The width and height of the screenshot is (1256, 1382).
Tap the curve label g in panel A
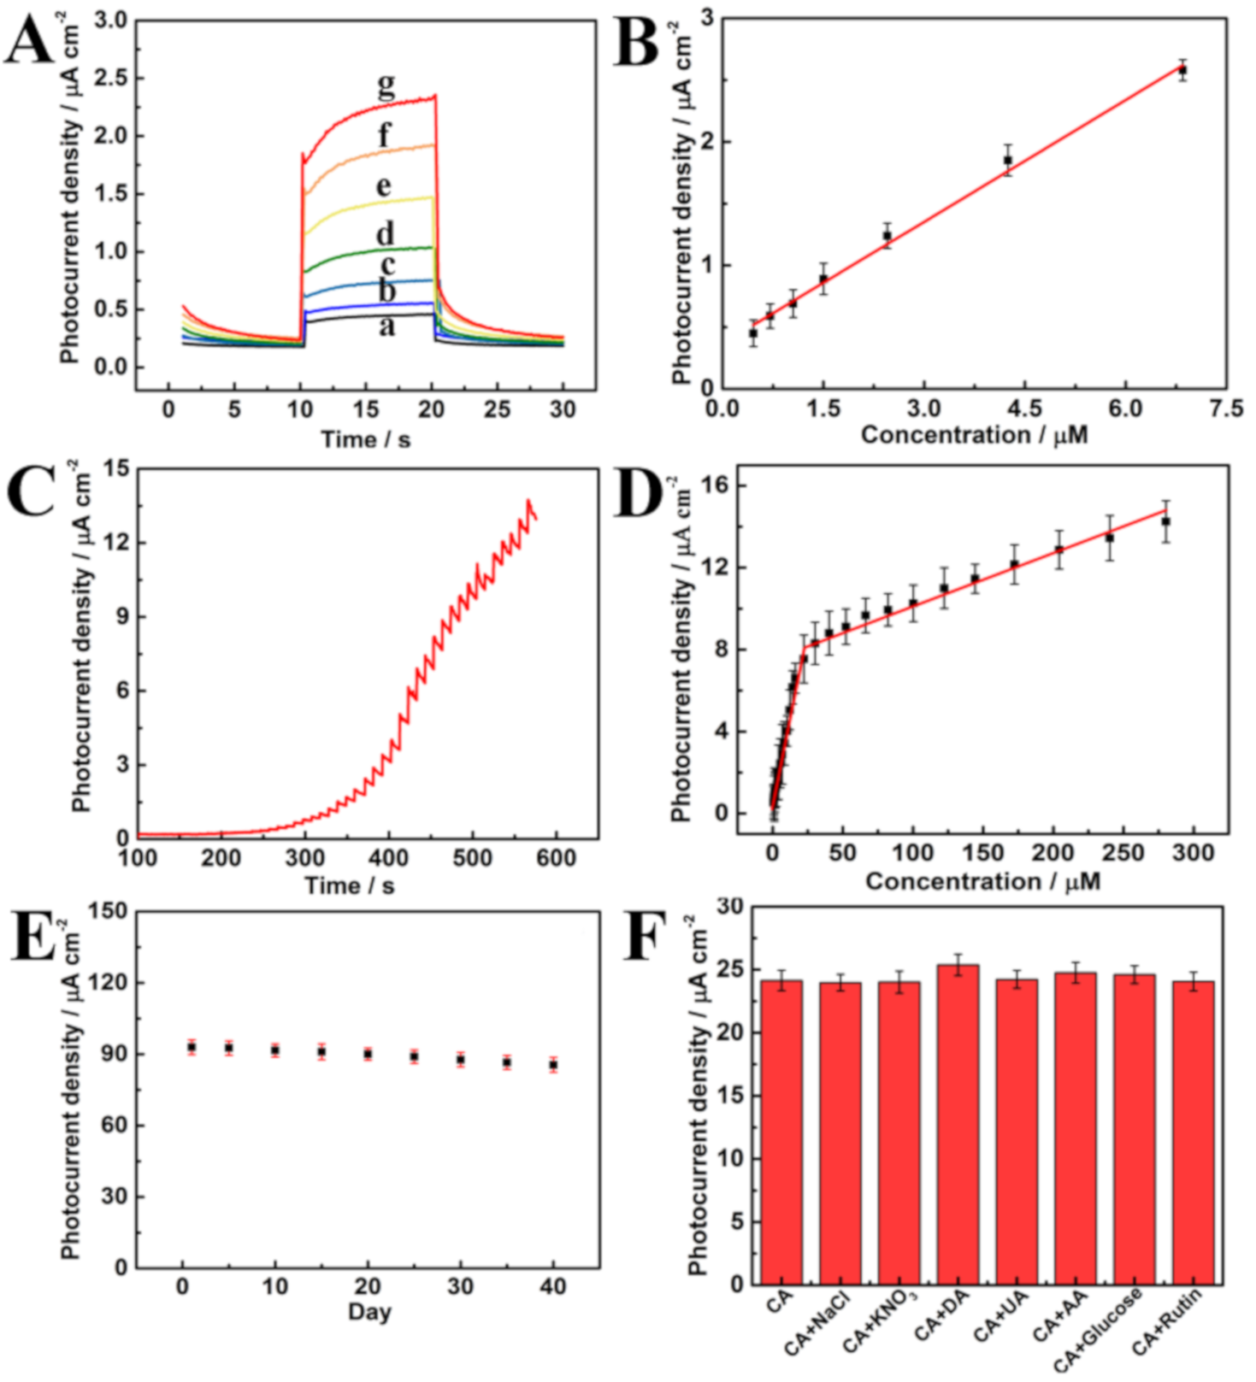pyautogui.click(x=386, y=85)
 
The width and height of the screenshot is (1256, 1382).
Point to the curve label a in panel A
pyautogui.click(x=387, y=326)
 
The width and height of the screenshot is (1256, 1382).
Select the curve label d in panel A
pyautogui.click(x=386, y=232)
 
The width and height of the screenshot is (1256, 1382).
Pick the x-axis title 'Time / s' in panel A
pyautogui.click(x=365, y=439)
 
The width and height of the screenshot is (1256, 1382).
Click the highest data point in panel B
pyautogui.click(x=1182, y=71)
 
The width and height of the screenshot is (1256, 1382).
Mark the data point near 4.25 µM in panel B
pyautogui.click(x=1008, y=160)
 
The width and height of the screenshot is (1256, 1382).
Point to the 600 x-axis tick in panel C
pyautogui.click(x=556, y=857)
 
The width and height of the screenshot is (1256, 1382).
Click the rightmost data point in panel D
pyautogui.click(x=1165, y=521)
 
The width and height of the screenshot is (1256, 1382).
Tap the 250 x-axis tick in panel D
pyautogui.click(x=1122, y=852)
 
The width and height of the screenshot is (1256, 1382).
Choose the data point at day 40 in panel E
pyautogui.click(x=553, y=1065)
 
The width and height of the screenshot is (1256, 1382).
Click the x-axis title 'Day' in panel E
pyautogui.click(x=369, y=1311)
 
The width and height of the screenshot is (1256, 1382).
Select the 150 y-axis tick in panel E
pyautogui.click(x=107, y=911)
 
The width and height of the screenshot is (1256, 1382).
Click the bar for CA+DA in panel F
pyautogui.click(x=958, y=1124)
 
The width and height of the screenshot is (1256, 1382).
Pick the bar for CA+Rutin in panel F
pyautogui.click(x=1193, y=1132)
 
